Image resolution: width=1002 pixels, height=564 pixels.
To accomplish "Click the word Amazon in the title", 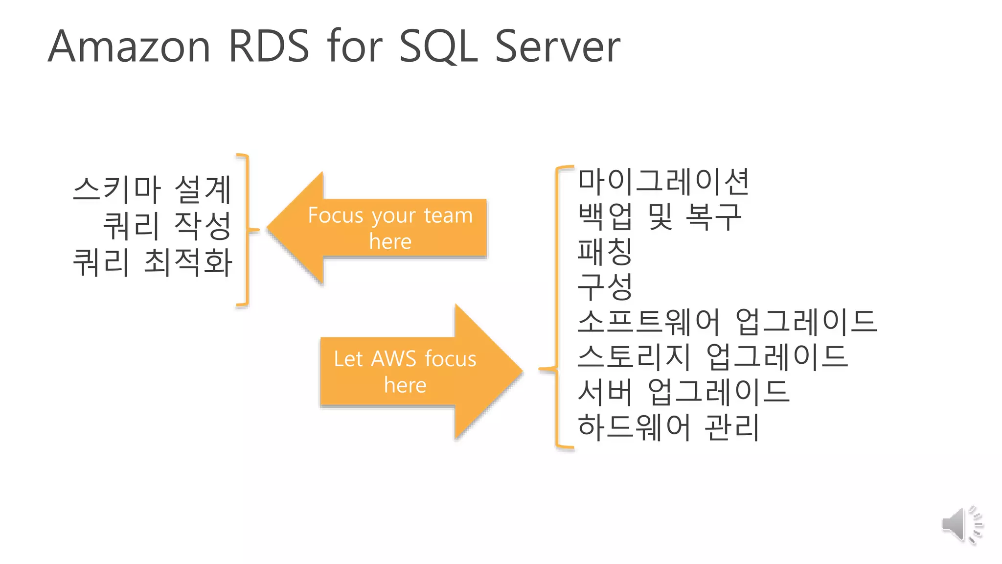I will (129, 47).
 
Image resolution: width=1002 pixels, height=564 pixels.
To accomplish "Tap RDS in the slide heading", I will (269, 47).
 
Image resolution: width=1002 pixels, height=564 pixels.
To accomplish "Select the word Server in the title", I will (557, 47).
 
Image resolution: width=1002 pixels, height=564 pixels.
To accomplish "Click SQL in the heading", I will (438, 47).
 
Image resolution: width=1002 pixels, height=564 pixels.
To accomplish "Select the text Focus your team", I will (390, 215).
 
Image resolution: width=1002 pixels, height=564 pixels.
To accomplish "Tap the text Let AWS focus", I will (405, 359).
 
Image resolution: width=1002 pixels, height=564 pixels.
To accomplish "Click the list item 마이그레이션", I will (663, 181).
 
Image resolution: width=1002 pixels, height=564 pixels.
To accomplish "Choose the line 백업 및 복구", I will (660, 216).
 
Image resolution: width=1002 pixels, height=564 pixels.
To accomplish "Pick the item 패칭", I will (605, 252).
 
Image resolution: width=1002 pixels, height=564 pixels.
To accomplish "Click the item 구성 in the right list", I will (605, 287).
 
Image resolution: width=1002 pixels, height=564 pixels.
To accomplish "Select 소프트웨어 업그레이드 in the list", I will (727, 322).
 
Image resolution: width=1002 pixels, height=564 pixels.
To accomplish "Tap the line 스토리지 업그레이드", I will (712, 357).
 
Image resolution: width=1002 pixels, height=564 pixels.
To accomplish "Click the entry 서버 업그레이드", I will (683, 392).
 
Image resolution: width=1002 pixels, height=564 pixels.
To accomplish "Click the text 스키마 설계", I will (152, 190).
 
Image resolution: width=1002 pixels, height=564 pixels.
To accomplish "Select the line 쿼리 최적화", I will (152, 262).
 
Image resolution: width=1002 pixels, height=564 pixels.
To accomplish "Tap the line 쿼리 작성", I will (167, 226).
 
